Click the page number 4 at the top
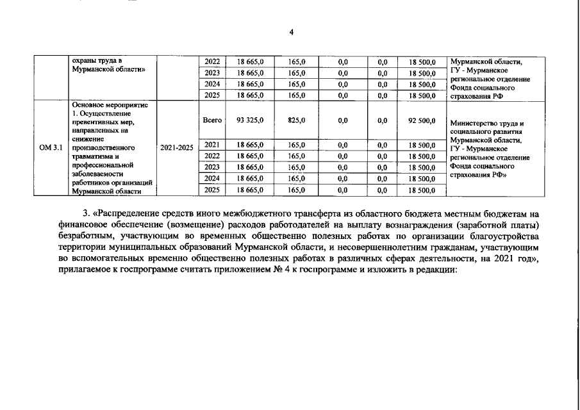click(x=291, y=33)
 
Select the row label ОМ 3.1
click(x=51, y=147)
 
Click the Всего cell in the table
click(x=211, y=120)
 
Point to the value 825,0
click(x=296, y=120)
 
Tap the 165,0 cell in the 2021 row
click(x=296, y=145)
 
